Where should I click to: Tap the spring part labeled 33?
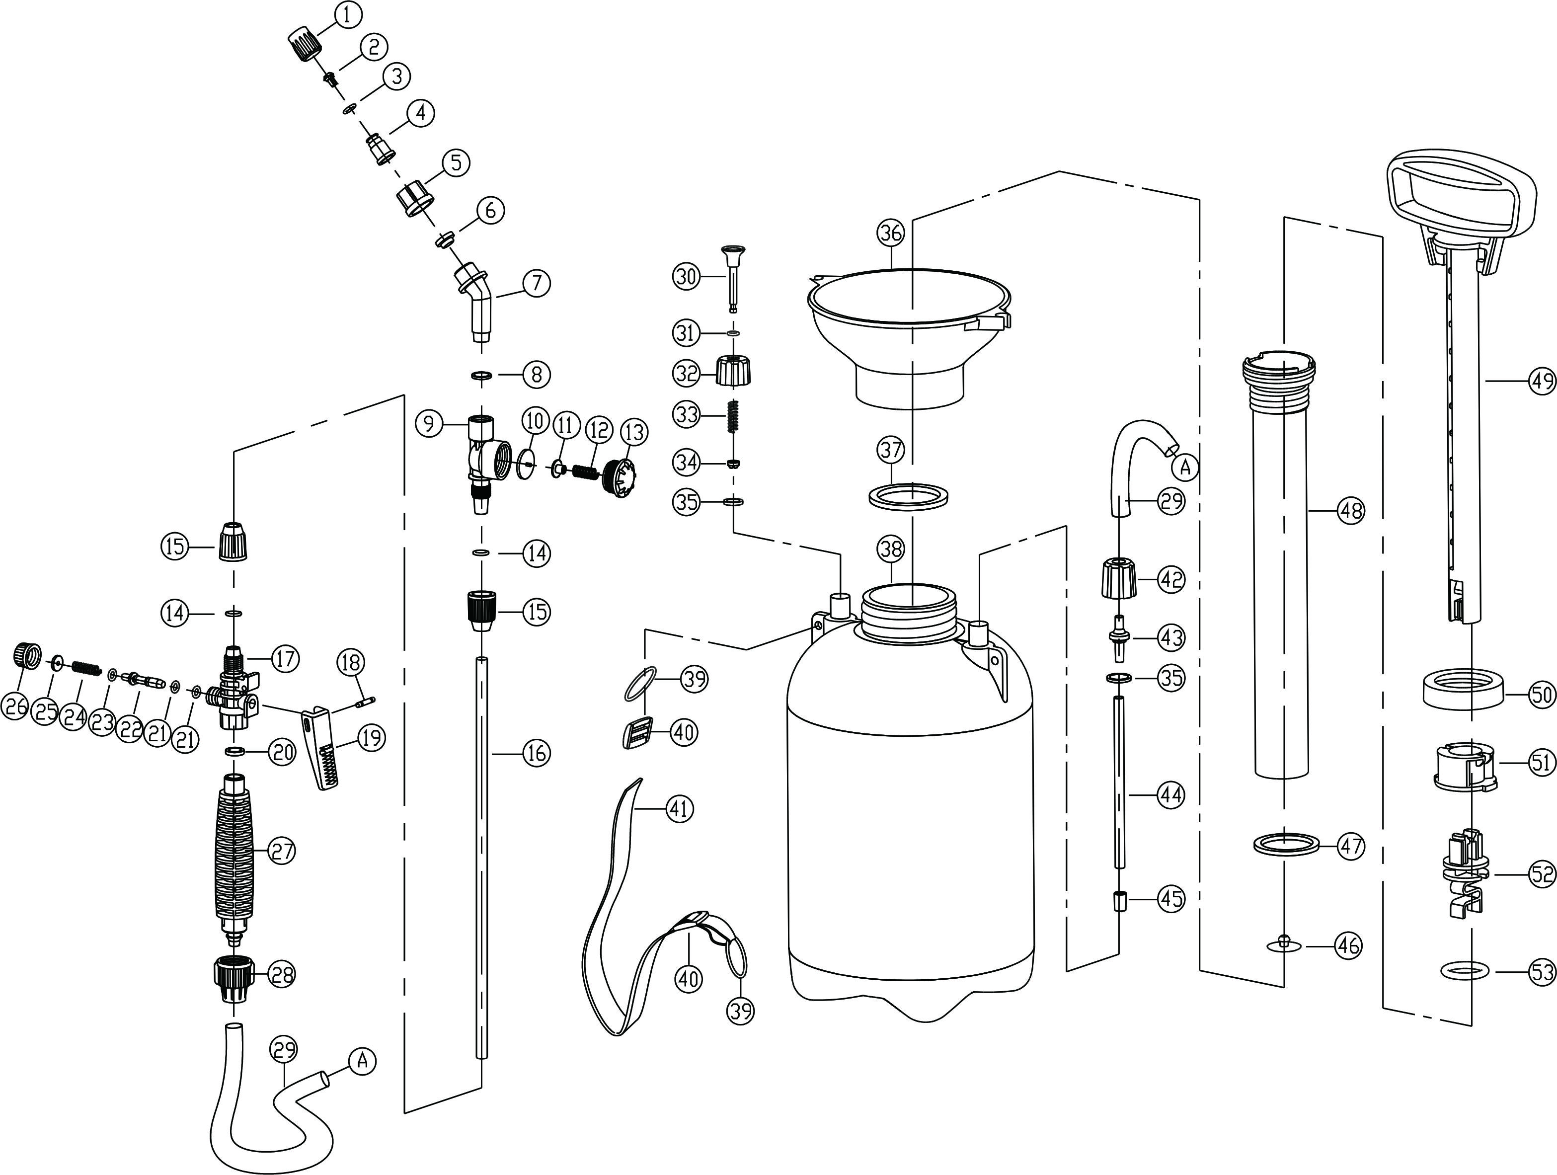click(733, 418)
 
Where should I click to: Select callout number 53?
click(1542, 972)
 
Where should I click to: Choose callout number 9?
click(429, 423)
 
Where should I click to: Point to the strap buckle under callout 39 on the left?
click(636, 734)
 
